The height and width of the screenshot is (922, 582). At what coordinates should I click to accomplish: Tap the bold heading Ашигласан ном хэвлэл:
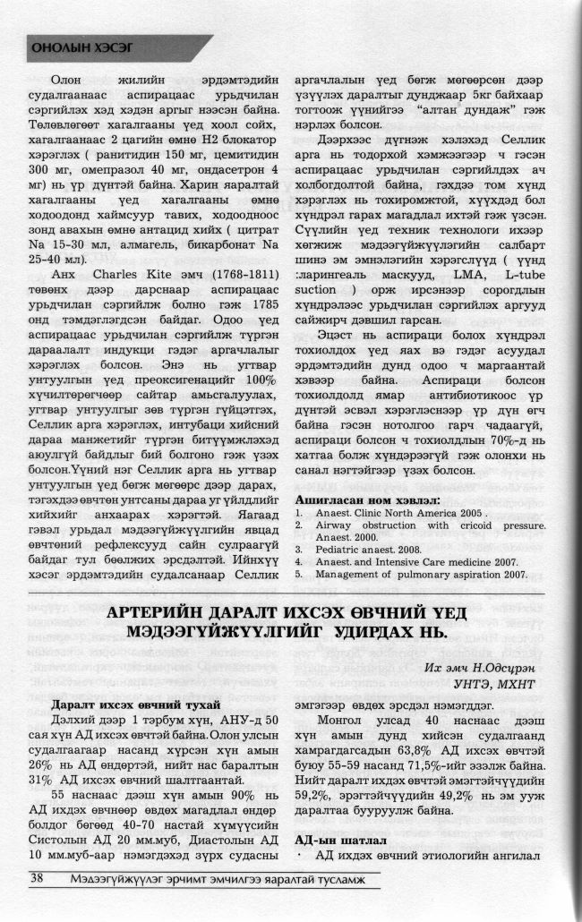[x=367, y=498]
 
